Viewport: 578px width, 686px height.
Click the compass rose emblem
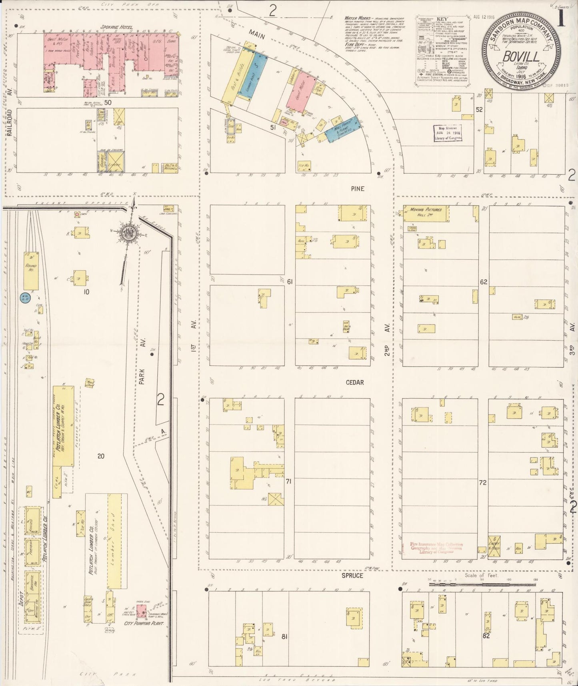coord(129,233)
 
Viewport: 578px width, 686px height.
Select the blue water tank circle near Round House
coord(24,297)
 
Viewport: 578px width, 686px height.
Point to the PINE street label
coord(357,189)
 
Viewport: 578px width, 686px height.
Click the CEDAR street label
coord(354,382)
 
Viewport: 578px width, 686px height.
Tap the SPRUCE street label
coord(352,576)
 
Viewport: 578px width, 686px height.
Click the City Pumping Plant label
coord(144,624)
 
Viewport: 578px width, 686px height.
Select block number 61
coord(290,282)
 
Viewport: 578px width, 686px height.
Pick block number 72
coord(482,483)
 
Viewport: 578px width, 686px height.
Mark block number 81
coord(284,636)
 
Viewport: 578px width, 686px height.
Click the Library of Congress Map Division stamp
coord(448,133)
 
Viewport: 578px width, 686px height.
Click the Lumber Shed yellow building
coord(114,540)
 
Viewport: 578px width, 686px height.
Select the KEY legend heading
coord(442,19)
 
